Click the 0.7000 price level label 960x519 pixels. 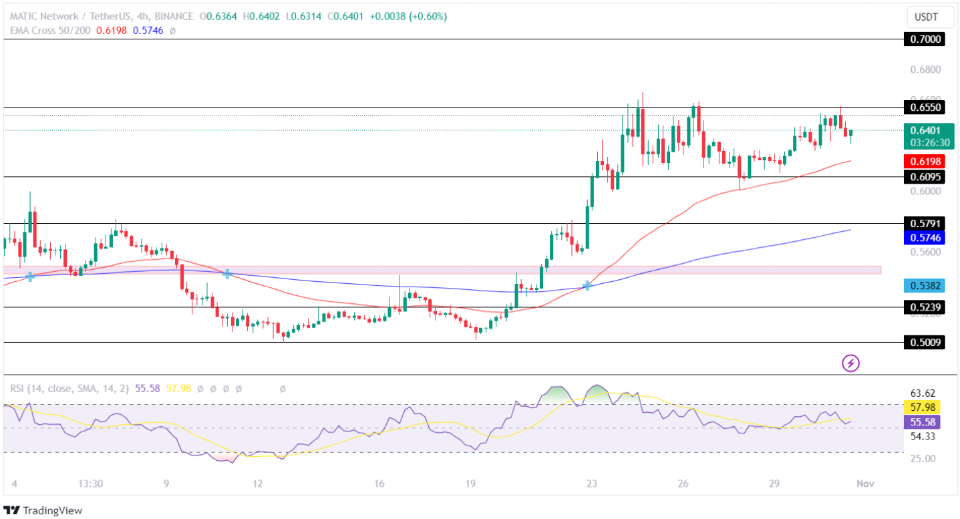coord(925,39)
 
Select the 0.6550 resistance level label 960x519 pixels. coord(925,107)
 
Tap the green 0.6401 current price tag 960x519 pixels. coord(925,130)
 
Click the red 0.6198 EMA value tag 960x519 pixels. coord(925,161)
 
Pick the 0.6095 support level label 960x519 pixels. coord(925,177)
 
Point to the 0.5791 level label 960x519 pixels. coord(925,223)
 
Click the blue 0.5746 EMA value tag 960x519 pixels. coord(925,237)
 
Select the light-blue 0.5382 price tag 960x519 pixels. coord(925,286)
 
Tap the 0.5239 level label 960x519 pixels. coord(925,307)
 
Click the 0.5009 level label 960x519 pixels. coord(925,343)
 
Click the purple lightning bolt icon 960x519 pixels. coord(850,363)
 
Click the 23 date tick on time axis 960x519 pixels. coord(591,483)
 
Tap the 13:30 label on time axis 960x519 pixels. coord(90,483)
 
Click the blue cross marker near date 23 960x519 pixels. coord(587,285)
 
